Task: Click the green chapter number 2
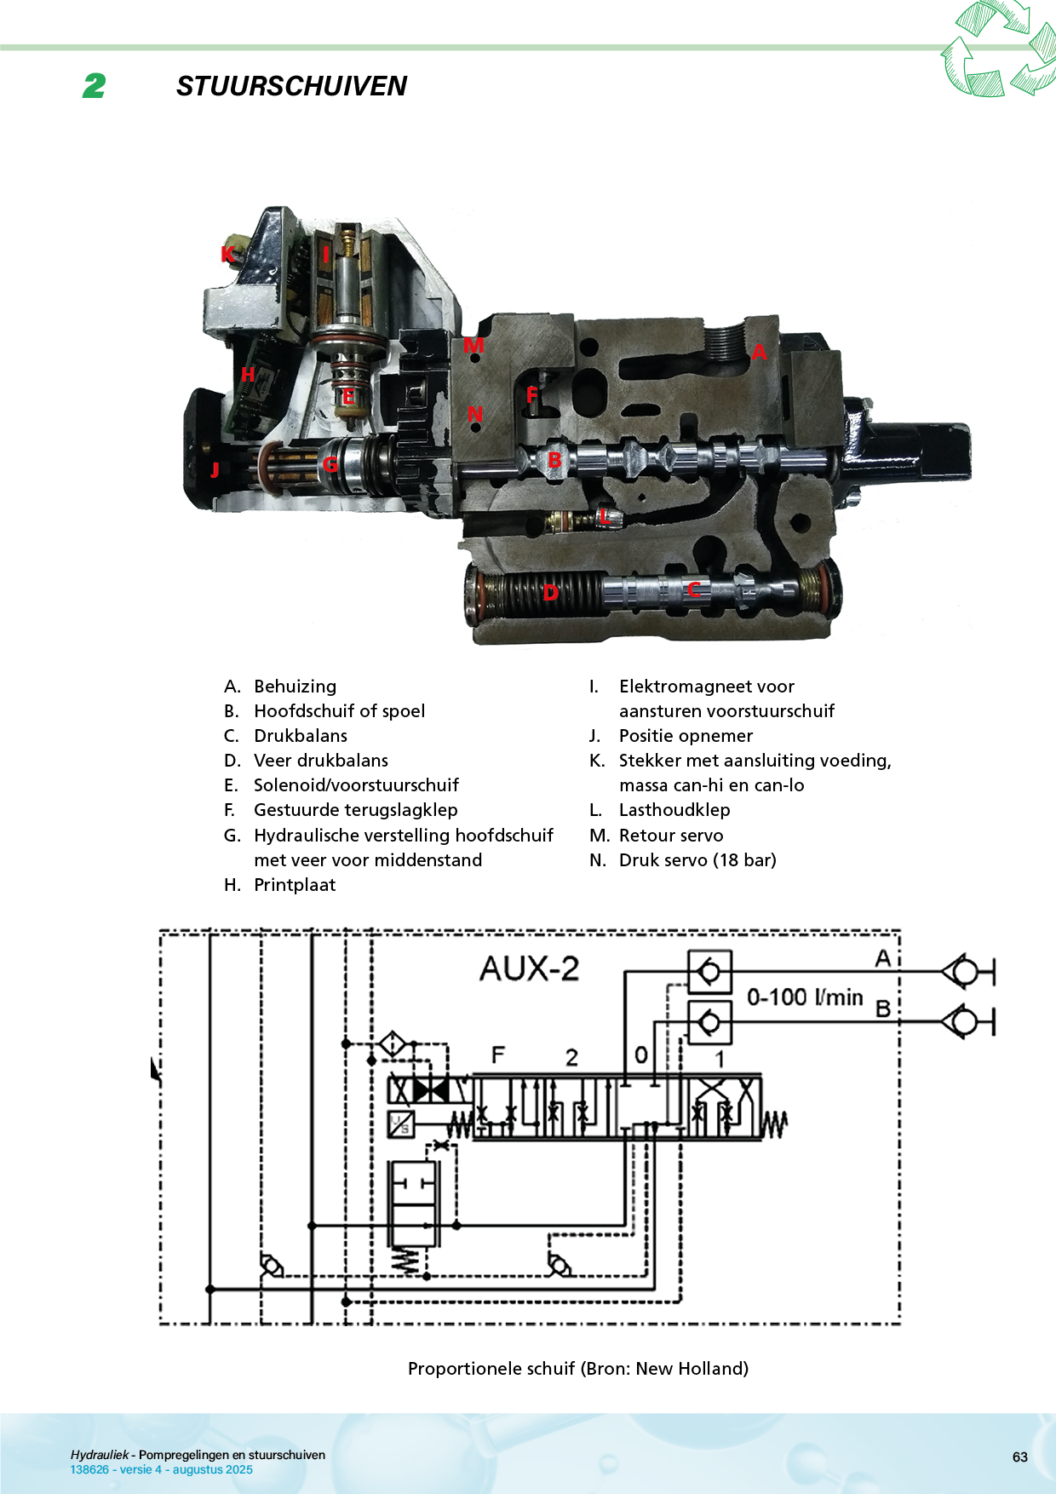point(95,86)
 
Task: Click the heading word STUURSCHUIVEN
point(291,86)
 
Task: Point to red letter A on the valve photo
point(759,352)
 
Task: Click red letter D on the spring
point(551,592)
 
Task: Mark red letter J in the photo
point(215,469)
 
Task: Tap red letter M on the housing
point(473,345)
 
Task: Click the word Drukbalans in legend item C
point(301,736)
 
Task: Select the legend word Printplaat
point(295,885)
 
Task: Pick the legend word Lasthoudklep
point(674,810)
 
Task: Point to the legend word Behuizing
point(295,687)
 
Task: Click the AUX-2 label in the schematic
point(529,968)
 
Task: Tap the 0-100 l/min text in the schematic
point(805,997)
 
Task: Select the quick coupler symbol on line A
point(967,971)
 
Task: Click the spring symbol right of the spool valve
point(774,1124)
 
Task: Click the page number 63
point(1019,1457)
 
